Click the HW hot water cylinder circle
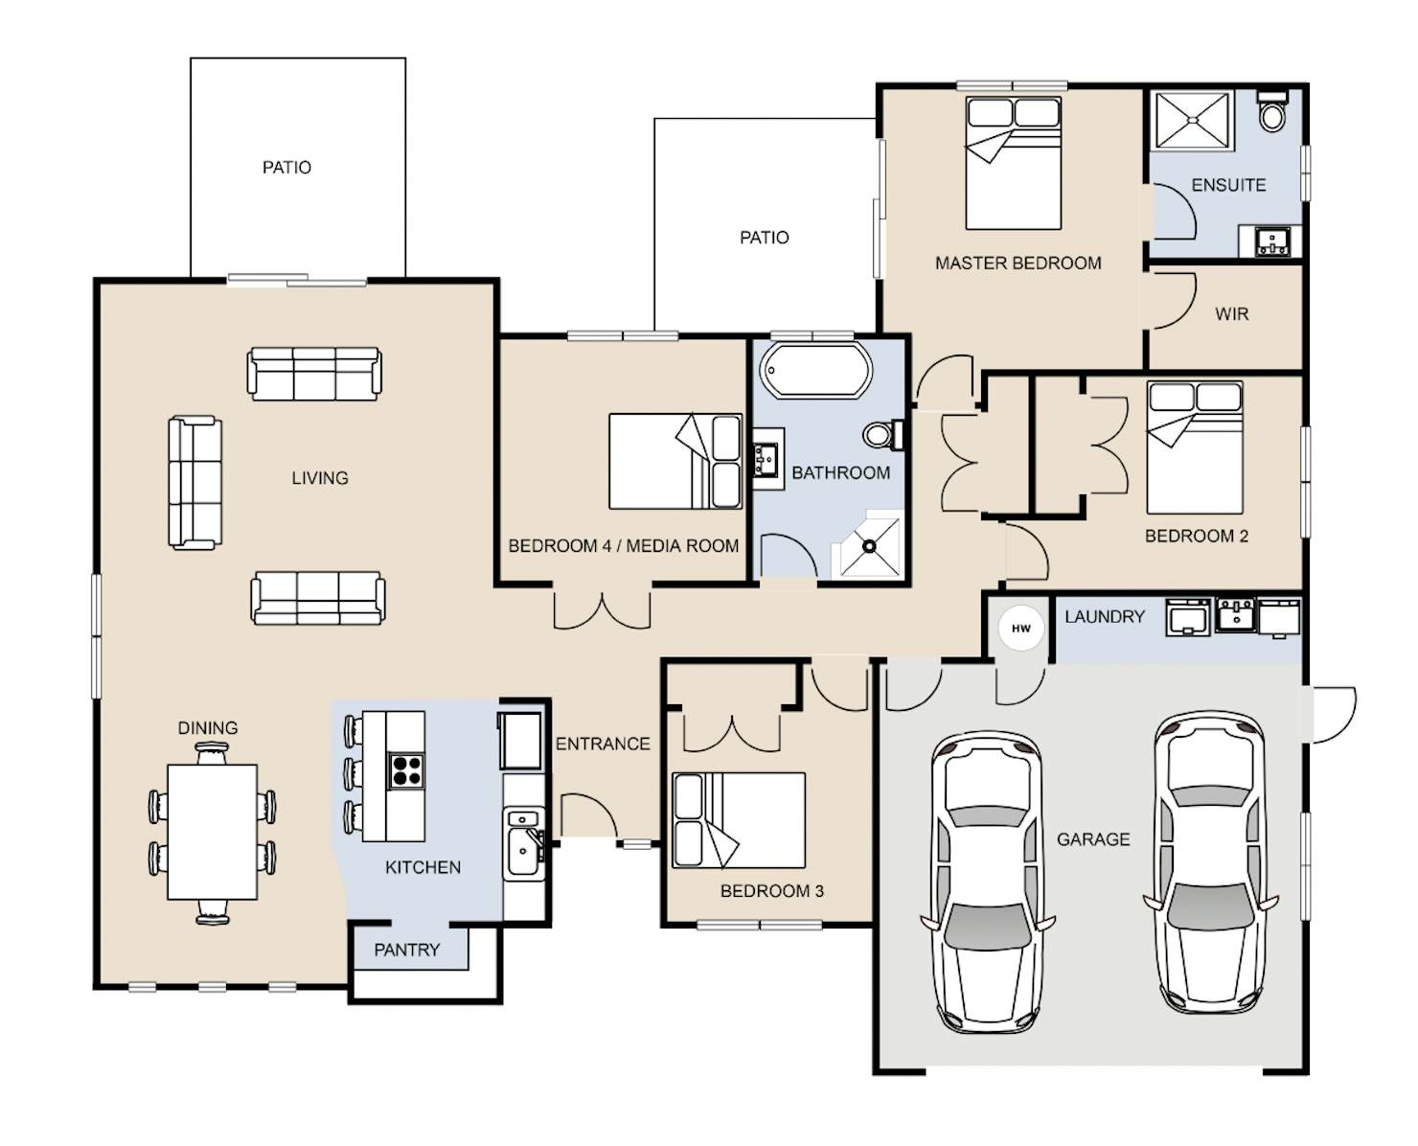[1019, 628]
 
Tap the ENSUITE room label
[1228, 185]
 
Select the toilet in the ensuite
[1272, 111]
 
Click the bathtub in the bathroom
[816, 370]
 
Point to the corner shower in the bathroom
[867, 544]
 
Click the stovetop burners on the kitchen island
[406, 771]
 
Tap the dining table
[212, 831]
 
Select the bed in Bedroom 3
[739, 819]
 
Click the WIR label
[1231, 314]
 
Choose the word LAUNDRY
[1105, 617]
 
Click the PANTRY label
[407, 950]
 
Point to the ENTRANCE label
[603, 744]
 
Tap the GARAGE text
[1093, 839]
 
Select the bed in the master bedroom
[1014, 163]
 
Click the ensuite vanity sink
[1271, 241]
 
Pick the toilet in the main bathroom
[883, 435]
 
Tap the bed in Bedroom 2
[1195, 447]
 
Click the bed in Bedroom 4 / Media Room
[675, 462]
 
